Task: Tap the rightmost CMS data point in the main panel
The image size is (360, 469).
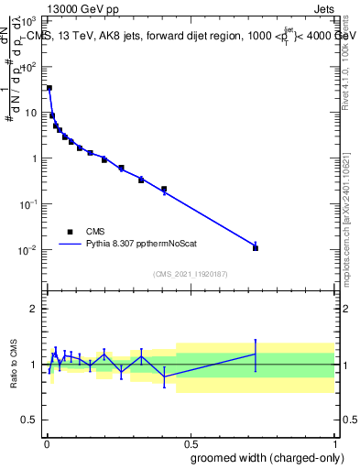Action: (256, 248)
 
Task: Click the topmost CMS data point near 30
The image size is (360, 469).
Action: (49, 88)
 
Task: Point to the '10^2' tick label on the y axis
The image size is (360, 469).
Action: (29, 67)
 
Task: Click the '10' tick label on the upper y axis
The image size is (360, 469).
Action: (32, 113)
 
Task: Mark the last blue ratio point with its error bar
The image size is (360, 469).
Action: (256, 354)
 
